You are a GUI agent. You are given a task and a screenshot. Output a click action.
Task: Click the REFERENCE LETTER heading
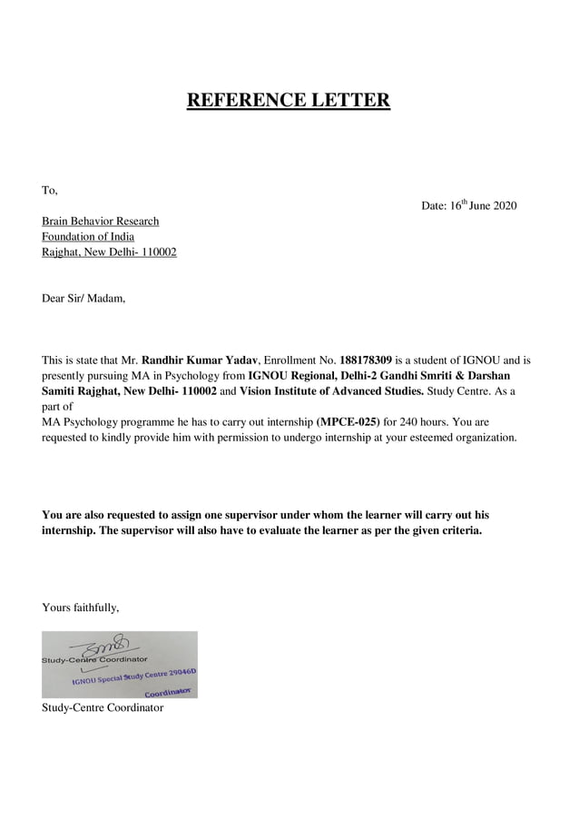click(289, 100)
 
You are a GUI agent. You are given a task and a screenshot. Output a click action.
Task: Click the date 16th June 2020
click(469, 206)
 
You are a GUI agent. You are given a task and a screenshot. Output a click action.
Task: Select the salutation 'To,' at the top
click(50, 191)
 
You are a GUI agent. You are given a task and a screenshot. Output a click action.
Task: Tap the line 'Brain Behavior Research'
click(100, 222)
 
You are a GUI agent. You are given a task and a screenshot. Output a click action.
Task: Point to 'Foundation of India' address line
click(88, 237)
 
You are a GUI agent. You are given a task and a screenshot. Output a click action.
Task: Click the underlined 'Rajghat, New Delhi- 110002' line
click(109, 252)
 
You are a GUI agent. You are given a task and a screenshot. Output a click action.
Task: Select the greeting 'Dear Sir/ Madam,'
click(83, 298)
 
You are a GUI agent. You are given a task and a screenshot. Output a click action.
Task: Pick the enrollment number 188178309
click(366, 361)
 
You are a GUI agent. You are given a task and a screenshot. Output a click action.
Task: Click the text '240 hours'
click(424, 422)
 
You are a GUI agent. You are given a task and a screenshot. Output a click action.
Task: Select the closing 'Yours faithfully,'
click(81, 608)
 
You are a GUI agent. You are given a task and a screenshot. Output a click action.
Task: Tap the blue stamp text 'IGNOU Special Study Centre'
click(127, 678)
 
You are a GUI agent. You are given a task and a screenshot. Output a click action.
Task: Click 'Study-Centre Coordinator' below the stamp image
click(103, 707)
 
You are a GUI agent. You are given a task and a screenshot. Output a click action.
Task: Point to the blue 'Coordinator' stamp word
click(169, 692)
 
